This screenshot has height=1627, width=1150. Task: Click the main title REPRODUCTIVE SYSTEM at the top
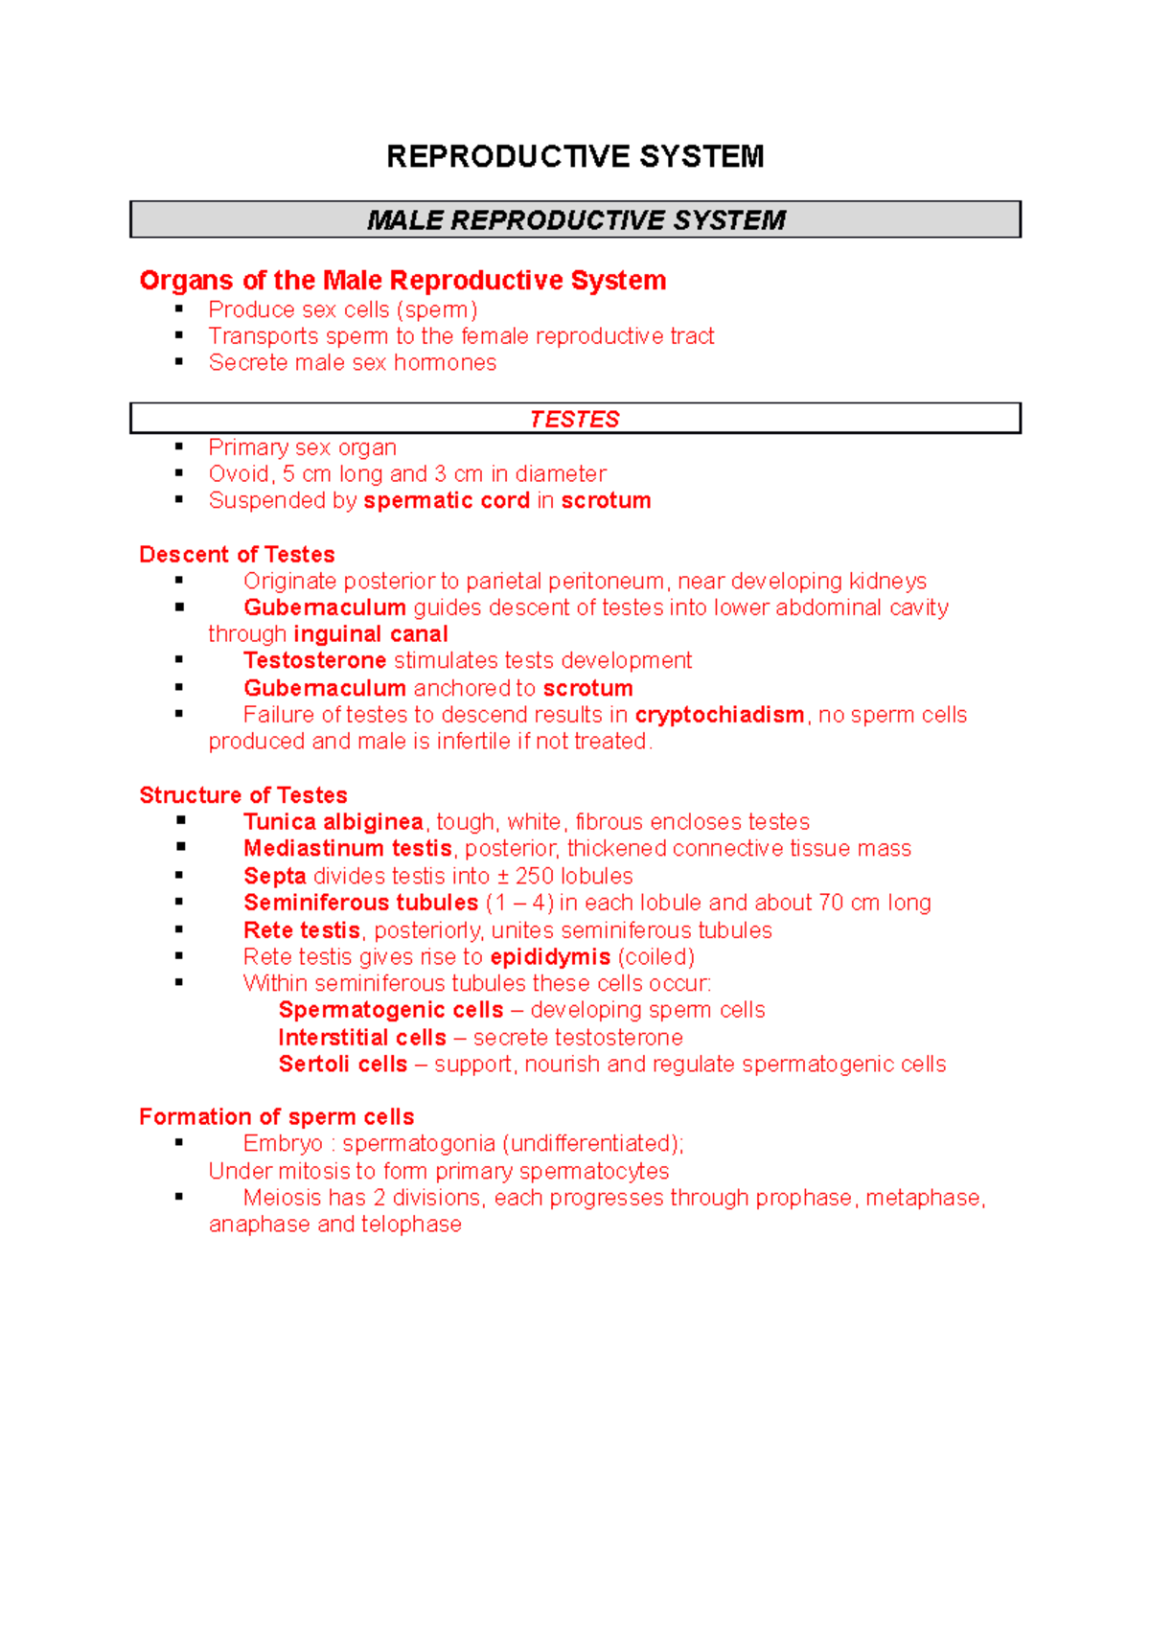575,156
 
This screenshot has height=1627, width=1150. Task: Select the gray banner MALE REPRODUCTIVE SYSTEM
575,220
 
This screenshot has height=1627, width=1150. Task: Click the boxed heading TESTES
575,420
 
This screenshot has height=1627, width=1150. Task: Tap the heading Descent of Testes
237,555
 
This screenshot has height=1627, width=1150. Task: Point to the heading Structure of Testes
242,795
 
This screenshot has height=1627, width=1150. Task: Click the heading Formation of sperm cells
276,1117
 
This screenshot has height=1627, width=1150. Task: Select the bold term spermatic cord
447,501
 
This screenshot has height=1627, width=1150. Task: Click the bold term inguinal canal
370,634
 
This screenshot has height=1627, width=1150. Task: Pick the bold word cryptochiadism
719,715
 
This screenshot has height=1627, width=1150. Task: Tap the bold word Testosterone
314,661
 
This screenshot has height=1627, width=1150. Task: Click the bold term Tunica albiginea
333,822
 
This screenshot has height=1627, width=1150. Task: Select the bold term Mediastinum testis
347,849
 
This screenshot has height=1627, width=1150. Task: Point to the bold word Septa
274,877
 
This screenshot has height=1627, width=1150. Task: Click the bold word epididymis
550,957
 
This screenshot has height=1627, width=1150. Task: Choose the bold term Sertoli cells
342,1065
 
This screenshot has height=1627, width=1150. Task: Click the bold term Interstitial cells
361,1038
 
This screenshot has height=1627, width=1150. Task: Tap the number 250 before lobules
534,877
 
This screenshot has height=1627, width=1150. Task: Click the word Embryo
283,1144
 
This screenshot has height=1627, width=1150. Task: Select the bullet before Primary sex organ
179,447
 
